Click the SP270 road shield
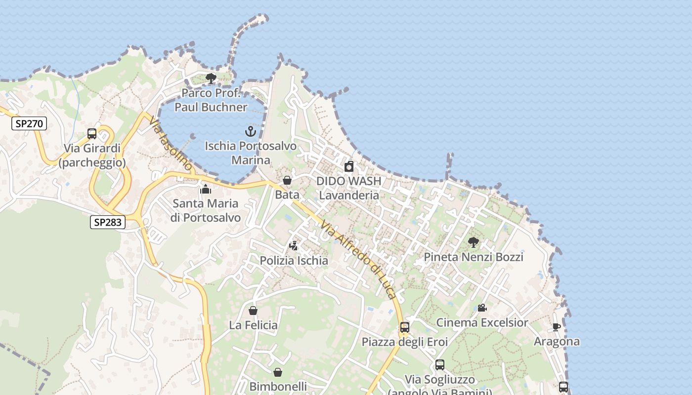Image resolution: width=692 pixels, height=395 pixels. [x=29, y=123]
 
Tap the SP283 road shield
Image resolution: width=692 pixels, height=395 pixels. [x=107, y=222]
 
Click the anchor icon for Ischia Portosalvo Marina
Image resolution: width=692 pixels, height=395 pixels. [x=251, y=131]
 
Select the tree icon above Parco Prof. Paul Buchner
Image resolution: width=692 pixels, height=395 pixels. [x=211, y=78]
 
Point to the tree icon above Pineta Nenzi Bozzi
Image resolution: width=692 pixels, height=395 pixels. [x=474, y=242]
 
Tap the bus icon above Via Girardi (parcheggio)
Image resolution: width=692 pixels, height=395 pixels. [x=92, y=133]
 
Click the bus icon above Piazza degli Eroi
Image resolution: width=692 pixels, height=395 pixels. [x=405, y=327]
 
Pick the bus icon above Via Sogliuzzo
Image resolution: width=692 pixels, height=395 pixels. [x=440, y=365]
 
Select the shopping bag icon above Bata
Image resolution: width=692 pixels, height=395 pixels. [x=287, y=180]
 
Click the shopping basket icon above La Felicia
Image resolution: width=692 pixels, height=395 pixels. [x=253, y=311]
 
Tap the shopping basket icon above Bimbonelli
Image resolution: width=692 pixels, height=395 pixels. [x=278, y=372]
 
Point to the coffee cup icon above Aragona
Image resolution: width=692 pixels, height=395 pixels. [x=557, y=327]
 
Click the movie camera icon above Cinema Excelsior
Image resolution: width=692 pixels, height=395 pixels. [x=482, y=308]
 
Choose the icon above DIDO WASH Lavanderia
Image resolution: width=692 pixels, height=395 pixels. [x=349, y=166]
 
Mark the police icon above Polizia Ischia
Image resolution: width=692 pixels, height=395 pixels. [x=294, y=245]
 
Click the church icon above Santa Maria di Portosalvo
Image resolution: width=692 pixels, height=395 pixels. [x=206, y=189]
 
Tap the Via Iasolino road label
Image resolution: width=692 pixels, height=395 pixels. [x=170, y=144]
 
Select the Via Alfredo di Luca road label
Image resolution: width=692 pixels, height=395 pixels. [x=358, y=259]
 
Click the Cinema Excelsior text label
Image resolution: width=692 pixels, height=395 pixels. [x=482, y=323]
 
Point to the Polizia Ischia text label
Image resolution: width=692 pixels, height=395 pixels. [x=294, y=261]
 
